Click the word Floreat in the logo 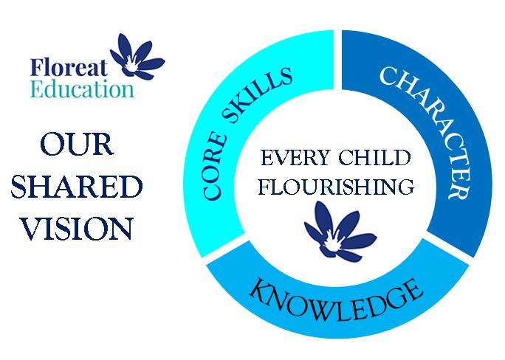(69, 67)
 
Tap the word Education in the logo (82, 89)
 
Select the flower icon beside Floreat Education (137, 57)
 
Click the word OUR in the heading (77, 145)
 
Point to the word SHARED (77, 187)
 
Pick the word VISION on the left (77, 228)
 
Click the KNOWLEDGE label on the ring (336, 301)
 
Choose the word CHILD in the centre (374, 158)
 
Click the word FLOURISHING (336, 187)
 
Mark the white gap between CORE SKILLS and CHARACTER (337, 60)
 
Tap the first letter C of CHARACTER (389, 75)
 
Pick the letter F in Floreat (36, 67)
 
